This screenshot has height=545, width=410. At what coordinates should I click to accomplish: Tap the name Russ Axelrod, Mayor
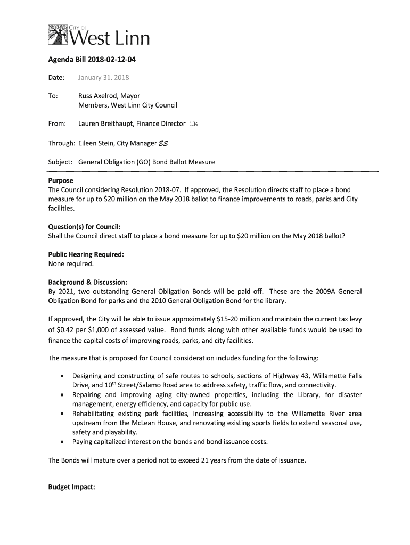[x=109, y=96]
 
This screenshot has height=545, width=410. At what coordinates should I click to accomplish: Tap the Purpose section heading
[x=61, y=181]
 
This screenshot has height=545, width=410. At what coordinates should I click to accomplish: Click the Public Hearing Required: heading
[x=86, y=254]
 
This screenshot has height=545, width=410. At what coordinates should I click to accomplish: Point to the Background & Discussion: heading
[x=88, y=282]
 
